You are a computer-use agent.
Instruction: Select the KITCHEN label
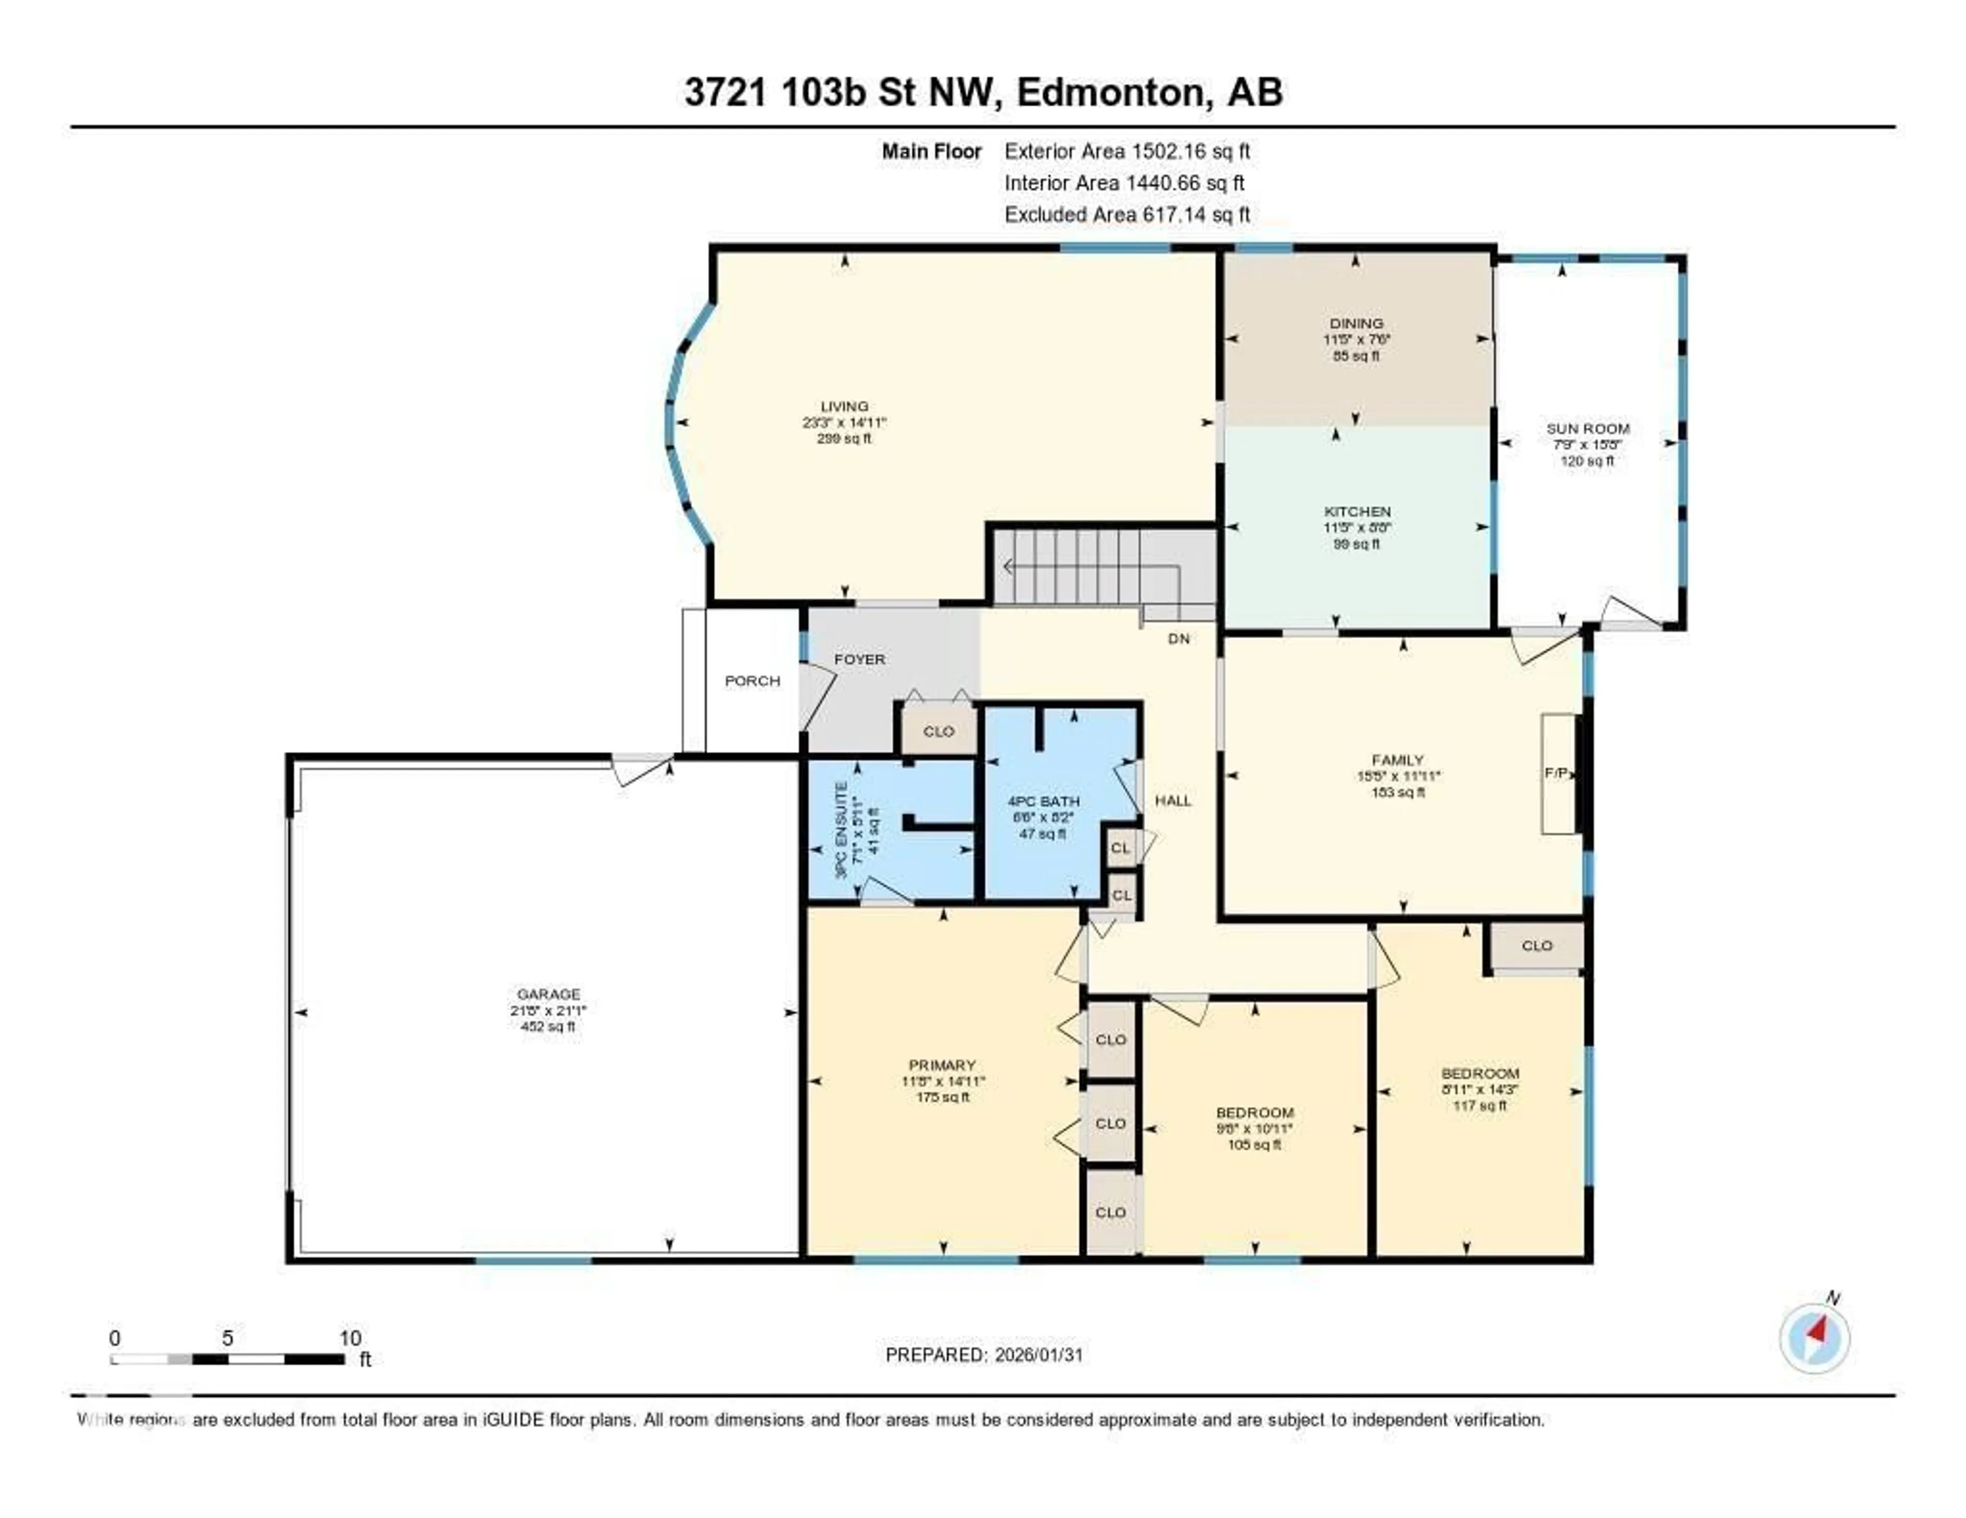(1357, 511)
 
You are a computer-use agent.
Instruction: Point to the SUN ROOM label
(1588, 428)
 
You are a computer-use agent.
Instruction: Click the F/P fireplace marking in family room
(1555, 773)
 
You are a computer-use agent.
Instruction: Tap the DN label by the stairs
(1179, 639)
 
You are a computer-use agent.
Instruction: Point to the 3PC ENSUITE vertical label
(841, 830)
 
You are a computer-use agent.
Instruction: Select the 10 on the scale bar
(350, 1338)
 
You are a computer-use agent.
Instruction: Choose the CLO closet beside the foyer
(939, 731)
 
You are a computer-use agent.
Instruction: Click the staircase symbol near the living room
(1103, 567)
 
